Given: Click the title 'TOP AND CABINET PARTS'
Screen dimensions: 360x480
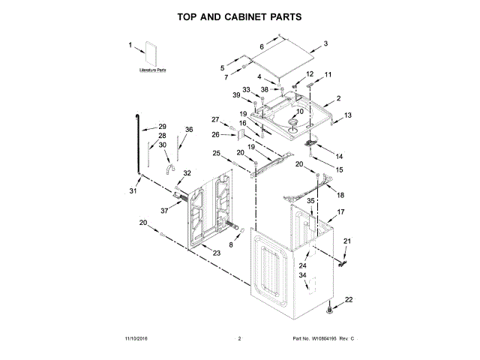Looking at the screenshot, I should tap(240, 16).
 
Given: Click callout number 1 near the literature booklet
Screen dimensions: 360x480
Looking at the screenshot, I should tap(130, 45).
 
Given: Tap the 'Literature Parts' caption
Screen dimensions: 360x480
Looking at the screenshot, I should tap(152, 70).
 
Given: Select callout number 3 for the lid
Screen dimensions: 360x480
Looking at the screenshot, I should tap(326, 44).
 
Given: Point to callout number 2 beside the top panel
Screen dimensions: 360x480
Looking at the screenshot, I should tap(338, 98).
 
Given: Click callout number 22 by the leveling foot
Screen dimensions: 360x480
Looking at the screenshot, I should tap(348, 300).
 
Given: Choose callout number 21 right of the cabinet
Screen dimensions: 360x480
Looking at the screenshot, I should tap(346, 240).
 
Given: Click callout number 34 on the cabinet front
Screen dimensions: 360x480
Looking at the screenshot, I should tap(303, 276).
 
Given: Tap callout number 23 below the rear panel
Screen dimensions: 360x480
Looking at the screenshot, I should tap(217, 253).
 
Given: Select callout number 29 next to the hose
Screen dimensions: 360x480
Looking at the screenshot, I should tap(162, 127).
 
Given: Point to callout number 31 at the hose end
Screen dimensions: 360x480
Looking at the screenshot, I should tap(133, 192).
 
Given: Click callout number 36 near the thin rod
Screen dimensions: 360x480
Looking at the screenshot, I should tap(189, 130).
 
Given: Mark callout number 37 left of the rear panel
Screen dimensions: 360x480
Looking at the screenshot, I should tap(163, 211).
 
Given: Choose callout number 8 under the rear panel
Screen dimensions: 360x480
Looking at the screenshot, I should tap(231, 244).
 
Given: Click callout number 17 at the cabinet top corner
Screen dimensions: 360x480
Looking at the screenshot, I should tap(340, 212).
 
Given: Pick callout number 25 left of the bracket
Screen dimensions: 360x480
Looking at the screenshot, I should tap(216, 153).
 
